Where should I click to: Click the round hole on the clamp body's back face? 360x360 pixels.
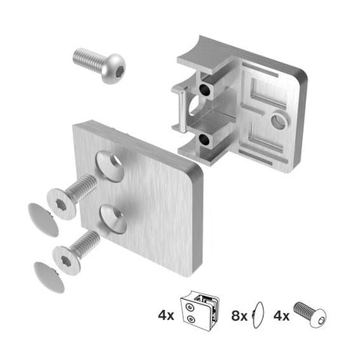[x=279, y=121]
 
